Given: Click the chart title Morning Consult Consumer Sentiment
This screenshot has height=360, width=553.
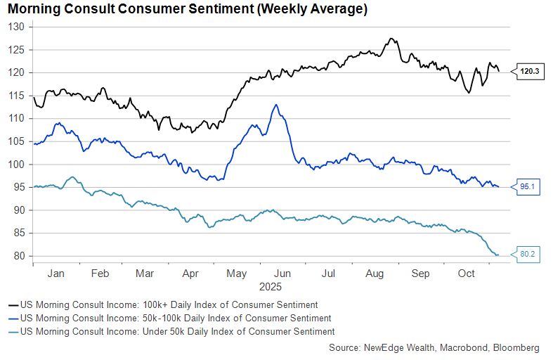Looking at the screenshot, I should tap(185, 10).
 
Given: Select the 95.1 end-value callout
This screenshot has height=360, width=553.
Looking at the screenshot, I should tap(528, 187).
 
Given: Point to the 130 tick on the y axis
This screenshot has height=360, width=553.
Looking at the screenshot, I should tap(17, 27).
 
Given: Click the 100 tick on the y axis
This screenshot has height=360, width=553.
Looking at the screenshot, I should tap(17, 165).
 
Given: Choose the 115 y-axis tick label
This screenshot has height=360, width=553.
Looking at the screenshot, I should tap(17, 96).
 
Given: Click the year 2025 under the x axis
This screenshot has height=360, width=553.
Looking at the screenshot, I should tap(271, 287).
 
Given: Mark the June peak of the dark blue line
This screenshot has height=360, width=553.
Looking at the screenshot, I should tap(276, 105).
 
